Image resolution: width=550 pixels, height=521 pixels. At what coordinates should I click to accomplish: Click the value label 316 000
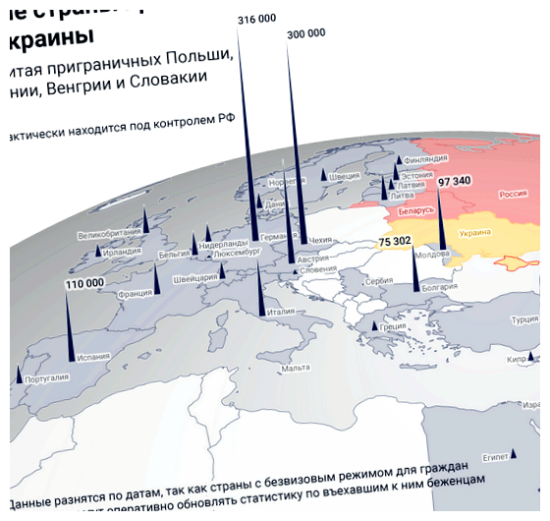[x=257, y=19]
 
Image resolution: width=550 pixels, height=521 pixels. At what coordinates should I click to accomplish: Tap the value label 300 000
[x=305, y=33]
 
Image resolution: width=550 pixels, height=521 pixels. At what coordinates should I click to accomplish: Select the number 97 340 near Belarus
[x=455, y=181]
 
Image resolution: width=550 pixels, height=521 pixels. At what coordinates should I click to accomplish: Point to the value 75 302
[x=395, y=241]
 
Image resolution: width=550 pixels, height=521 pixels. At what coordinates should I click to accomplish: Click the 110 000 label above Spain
[x=84, y=283]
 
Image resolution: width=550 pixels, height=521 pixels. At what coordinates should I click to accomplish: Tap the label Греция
[x=393, y=327]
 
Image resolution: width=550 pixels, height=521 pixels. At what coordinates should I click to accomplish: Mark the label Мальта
[x=296, y=368]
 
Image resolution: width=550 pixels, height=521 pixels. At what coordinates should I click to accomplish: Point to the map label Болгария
[x=439, y=288]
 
